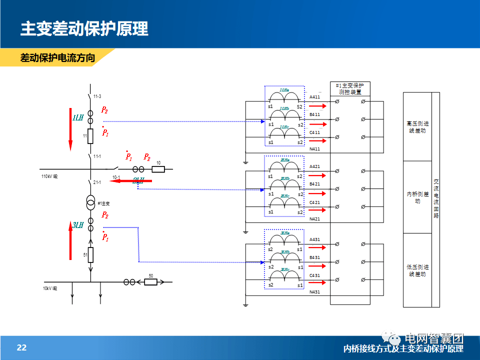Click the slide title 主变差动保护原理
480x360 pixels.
84,28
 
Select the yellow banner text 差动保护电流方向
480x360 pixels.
57,58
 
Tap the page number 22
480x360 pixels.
21,348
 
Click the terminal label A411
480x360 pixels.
315,96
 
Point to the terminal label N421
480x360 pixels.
315,219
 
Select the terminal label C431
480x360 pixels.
315,275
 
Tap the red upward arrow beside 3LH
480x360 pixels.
70,241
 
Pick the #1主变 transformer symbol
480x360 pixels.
91,203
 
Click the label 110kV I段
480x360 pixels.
49,177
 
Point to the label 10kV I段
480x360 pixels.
49,288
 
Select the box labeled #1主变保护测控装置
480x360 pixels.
350,89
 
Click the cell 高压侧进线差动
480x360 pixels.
417,127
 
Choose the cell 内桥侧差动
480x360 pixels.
417,197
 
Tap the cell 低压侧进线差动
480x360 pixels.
417,270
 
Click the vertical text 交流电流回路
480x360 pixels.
436,199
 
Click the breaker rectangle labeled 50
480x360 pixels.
150,282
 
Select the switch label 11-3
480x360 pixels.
97,96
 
